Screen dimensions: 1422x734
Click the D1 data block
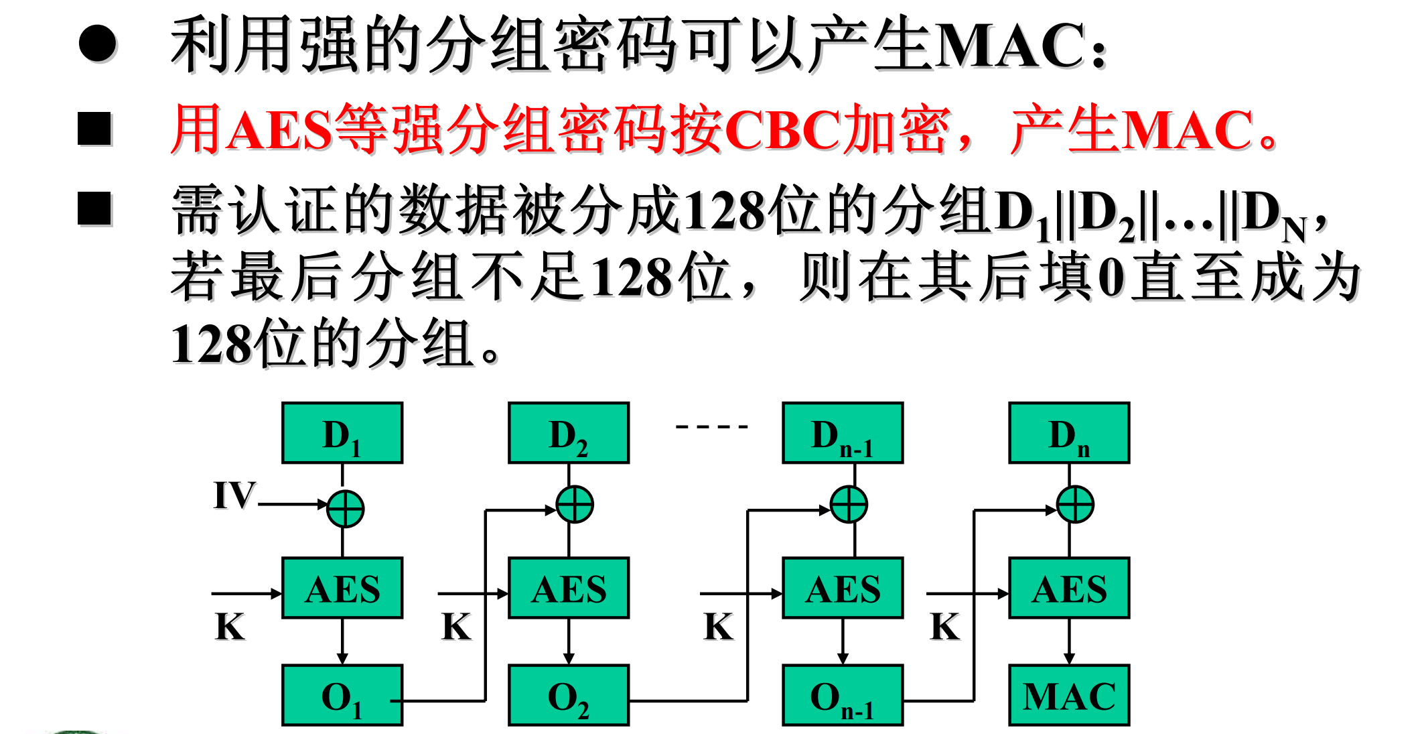coord(342,433)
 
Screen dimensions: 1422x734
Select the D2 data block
coord(569,433)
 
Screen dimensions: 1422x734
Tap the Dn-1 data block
coord(843,433)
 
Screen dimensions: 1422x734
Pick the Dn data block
coord(1069,433)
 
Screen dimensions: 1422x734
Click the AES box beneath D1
coord(342,588)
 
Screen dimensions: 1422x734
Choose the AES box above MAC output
coord(1069,588)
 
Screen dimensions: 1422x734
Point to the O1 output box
coord(342,695)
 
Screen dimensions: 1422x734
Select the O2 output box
coord(569,695)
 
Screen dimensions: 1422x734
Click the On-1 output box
coord(843,695)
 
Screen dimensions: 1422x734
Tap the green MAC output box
coord(1069,695)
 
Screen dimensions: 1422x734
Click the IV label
coord(234,495)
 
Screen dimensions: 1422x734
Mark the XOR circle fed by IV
coord(345,509)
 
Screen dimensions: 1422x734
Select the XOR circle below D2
coord(575,505)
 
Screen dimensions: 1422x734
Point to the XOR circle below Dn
coord(1075,505)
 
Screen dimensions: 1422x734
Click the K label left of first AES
coord(230,627)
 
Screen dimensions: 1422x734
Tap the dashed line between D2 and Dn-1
coord(711,426)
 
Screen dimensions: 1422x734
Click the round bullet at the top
coord(98,44)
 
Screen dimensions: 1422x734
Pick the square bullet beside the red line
coord(94,128)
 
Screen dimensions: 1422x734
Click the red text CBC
coord(782,129)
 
